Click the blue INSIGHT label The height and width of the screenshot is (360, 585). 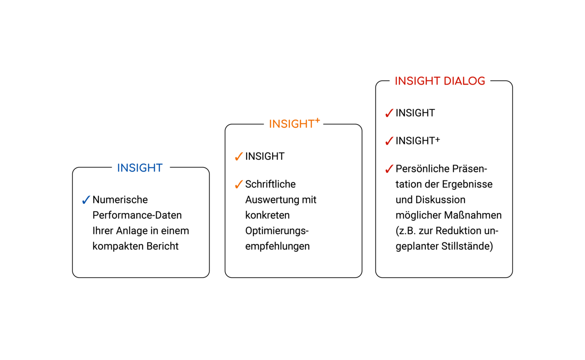[x=140, y=168]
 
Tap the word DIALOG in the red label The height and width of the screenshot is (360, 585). [x=464, y=81]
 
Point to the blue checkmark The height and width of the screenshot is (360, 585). [x=86, y=200]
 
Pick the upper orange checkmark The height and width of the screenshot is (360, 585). [x=239, y=157]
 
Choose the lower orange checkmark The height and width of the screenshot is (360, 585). [x=239, y=184]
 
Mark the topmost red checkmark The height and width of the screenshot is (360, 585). [x=389, y=113]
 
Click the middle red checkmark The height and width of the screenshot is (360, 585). [x=389, y=141]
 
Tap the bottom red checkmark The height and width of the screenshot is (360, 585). [x=389, y=169]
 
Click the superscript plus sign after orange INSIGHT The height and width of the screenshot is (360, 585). [x=317, y=120]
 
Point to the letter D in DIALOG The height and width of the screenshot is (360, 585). [x=448, y=81]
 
